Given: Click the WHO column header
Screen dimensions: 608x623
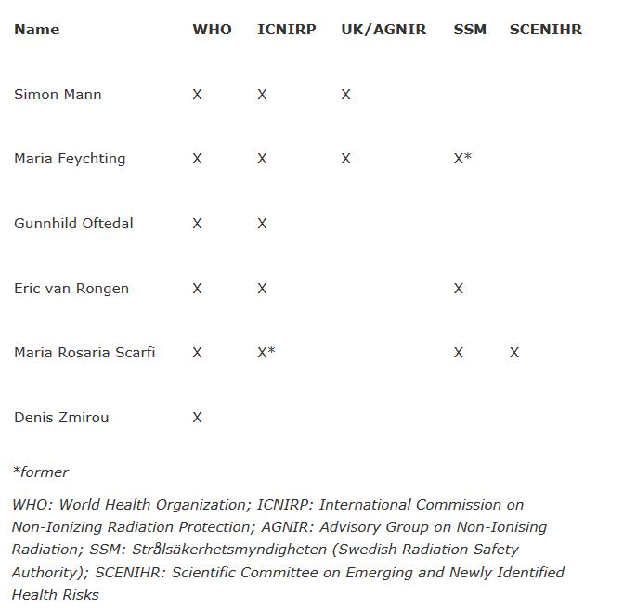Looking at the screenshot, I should click(x=212, y=30).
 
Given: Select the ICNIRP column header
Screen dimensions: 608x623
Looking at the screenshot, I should click(x=286, y=30).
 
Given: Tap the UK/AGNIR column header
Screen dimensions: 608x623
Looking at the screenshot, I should click(x=383, y=30).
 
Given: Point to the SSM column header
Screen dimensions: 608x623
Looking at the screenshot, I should click(x=470, y=30).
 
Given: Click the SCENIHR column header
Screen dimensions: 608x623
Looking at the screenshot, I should click(x=545, y=30).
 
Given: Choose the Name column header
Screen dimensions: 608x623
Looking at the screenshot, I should click(x=36, y=30).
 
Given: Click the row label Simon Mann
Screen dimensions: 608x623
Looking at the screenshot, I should click(x=58, y=95).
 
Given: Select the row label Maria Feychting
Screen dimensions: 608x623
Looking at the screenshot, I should click(x=70, y=159).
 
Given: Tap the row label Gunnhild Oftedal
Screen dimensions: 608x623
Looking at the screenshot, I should click(x=73, y=224).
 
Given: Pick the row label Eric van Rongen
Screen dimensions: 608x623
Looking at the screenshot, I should click(x=71, y=289).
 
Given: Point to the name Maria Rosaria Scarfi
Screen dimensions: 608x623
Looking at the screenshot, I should click(x=84, y=353).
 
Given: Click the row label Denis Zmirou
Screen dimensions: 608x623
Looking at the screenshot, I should click(x=61, y=418).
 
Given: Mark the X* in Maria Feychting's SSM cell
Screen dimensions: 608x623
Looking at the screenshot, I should click(x=462, y=159).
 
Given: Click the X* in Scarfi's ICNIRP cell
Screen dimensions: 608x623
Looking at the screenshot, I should click(x=266, y=353).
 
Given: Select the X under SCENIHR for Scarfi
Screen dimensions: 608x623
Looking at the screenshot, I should click(x=514, y=353).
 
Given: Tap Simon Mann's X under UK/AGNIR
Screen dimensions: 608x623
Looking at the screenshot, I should click(x=345, y=95).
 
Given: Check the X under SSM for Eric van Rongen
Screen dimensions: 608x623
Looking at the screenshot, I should click(x=458, y=289).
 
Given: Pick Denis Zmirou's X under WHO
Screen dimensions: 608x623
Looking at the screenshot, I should click(x=197, y=418).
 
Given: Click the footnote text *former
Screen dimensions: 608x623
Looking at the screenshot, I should click(x=41, y=472).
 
